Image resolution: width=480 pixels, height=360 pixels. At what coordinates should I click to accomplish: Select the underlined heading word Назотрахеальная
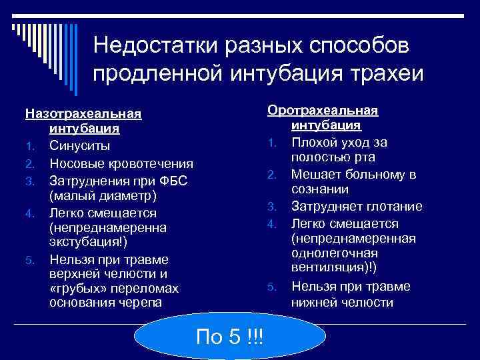[x=84, y=113]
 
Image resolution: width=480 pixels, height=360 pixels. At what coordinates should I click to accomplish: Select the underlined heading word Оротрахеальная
[x=323, y=110]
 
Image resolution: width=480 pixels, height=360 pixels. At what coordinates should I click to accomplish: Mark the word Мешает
[x=317, y=175]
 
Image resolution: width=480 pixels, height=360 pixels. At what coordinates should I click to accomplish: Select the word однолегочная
[x=334, y=254]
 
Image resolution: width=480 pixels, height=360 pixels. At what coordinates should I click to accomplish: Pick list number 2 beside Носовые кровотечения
[x=29, y=164]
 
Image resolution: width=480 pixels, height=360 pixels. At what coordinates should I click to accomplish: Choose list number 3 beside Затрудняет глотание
[x=271, y=207]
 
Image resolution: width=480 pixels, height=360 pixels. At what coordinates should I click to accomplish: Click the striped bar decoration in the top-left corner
[x=40, y=40]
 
